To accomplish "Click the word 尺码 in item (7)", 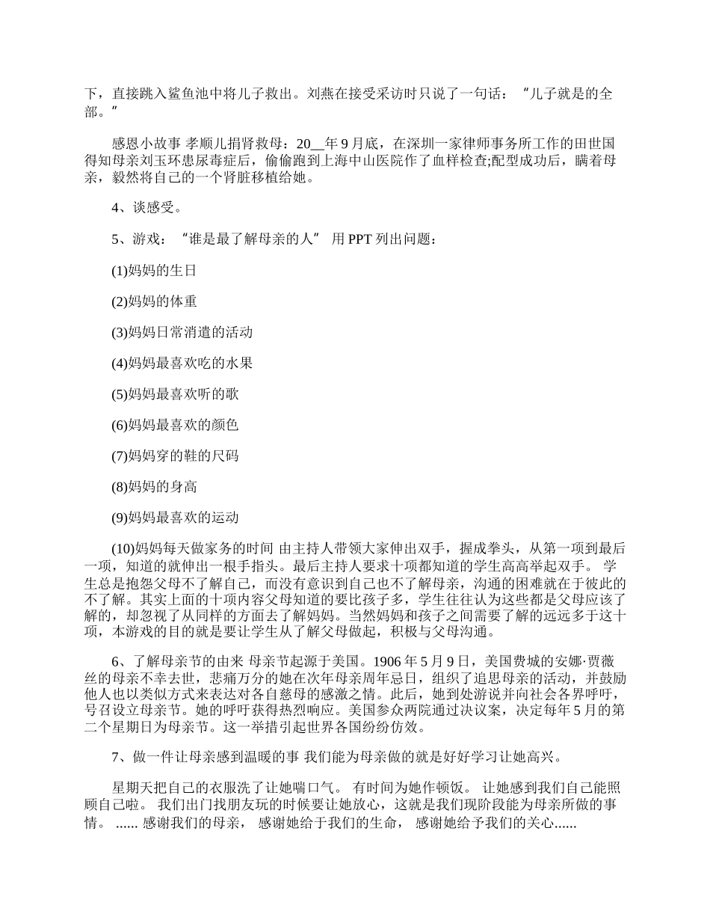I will click(225, 456).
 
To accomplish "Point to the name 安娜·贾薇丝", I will click(587, 660).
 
